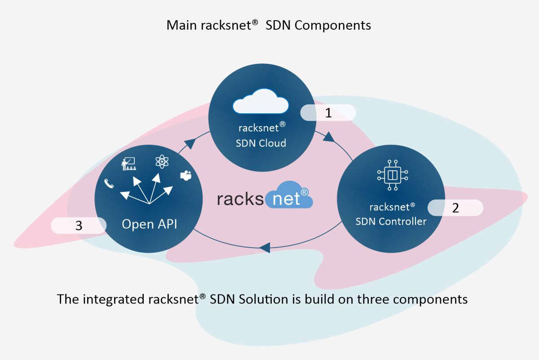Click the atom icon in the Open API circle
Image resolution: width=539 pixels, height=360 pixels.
[x=161, y=161]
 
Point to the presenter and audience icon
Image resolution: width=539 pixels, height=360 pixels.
[x=129, y=164]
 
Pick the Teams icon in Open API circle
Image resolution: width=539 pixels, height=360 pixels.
[x=185, y=176]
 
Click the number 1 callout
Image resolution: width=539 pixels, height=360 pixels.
[x=328, y=113]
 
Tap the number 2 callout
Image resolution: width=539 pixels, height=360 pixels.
[x=455, y=208]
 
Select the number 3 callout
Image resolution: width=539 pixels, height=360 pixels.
[x=79, y=226]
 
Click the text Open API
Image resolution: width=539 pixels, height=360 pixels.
[x=149, y=224]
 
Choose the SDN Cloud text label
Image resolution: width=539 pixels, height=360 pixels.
[x=261, y=143]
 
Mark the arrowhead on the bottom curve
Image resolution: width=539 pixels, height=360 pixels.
[x=265, y=247]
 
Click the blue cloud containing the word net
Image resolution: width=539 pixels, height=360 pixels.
[x=288, y=197]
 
